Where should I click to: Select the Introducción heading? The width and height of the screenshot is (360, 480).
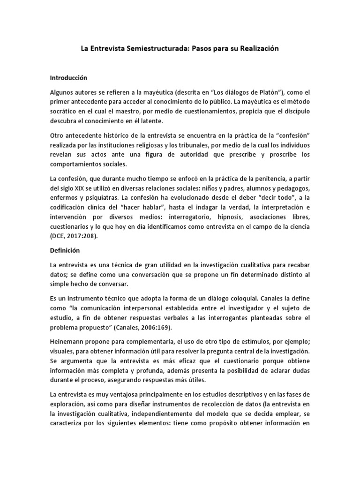click(68, 77)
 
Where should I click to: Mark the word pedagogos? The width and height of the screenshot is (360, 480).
click(291, 188)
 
